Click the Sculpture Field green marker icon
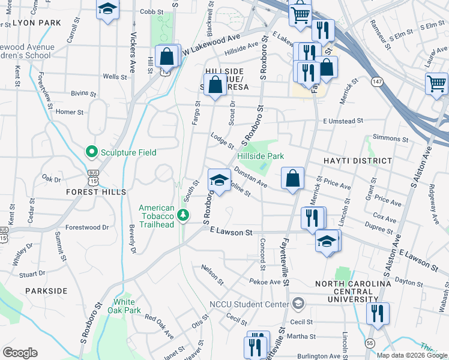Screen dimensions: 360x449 (x=92, y=152)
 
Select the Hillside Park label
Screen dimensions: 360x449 (x=260, y=156)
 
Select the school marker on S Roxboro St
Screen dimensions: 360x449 (x=220, y=179)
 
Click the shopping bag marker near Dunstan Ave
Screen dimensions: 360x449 (x=292, y=178)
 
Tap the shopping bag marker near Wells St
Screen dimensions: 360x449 (x=167, y=56)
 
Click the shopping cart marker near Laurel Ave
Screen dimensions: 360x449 (x=436, y=83)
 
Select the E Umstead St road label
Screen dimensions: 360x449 (x=343, y=121)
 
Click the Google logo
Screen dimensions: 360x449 (x=20, y=353)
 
